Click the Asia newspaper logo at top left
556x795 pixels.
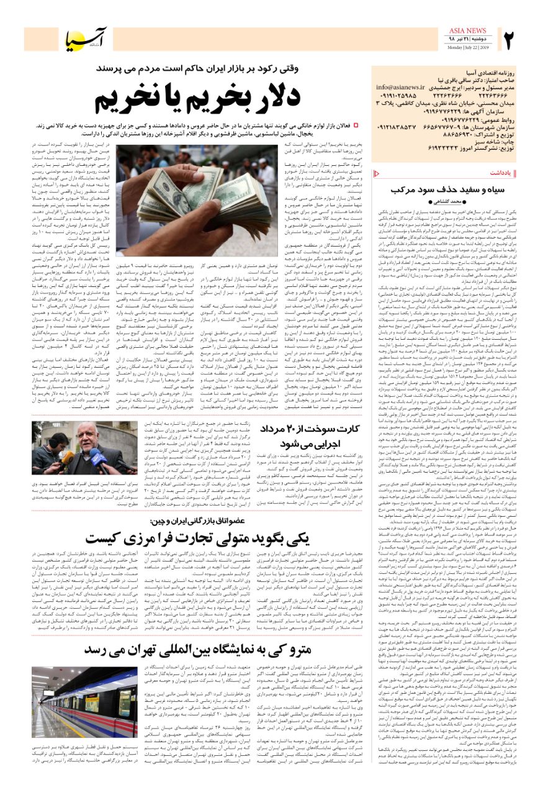click(x=87, y=40)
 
